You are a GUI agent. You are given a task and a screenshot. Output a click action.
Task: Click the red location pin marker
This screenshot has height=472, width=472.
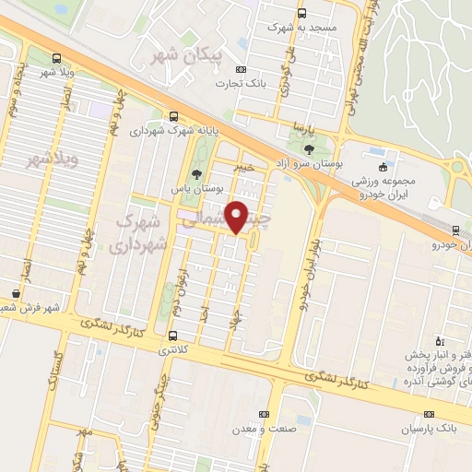point(238,217)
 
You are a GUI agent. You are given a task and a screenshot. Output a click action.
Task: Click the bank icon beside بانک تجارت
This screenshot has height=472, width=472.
point(242,68)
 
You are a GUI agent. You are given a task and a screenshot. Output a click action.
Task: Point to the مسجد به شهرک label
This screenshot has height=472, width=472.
point(291,28)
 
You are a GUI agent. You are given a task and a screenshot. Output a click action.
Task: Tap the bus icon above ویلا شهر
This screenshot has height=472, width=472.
point(58,56)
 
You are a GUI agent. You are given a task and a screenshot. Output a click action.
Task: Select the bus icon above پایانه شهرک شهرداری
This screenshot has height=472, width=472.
point(174,116)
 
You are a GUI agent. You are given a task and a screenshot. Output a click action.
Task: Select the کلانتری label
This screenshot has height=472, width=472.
point(172,350)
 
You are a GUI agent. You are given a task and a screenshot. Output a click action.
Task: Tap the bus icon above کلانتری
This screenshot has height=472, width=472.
point(173,335)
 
